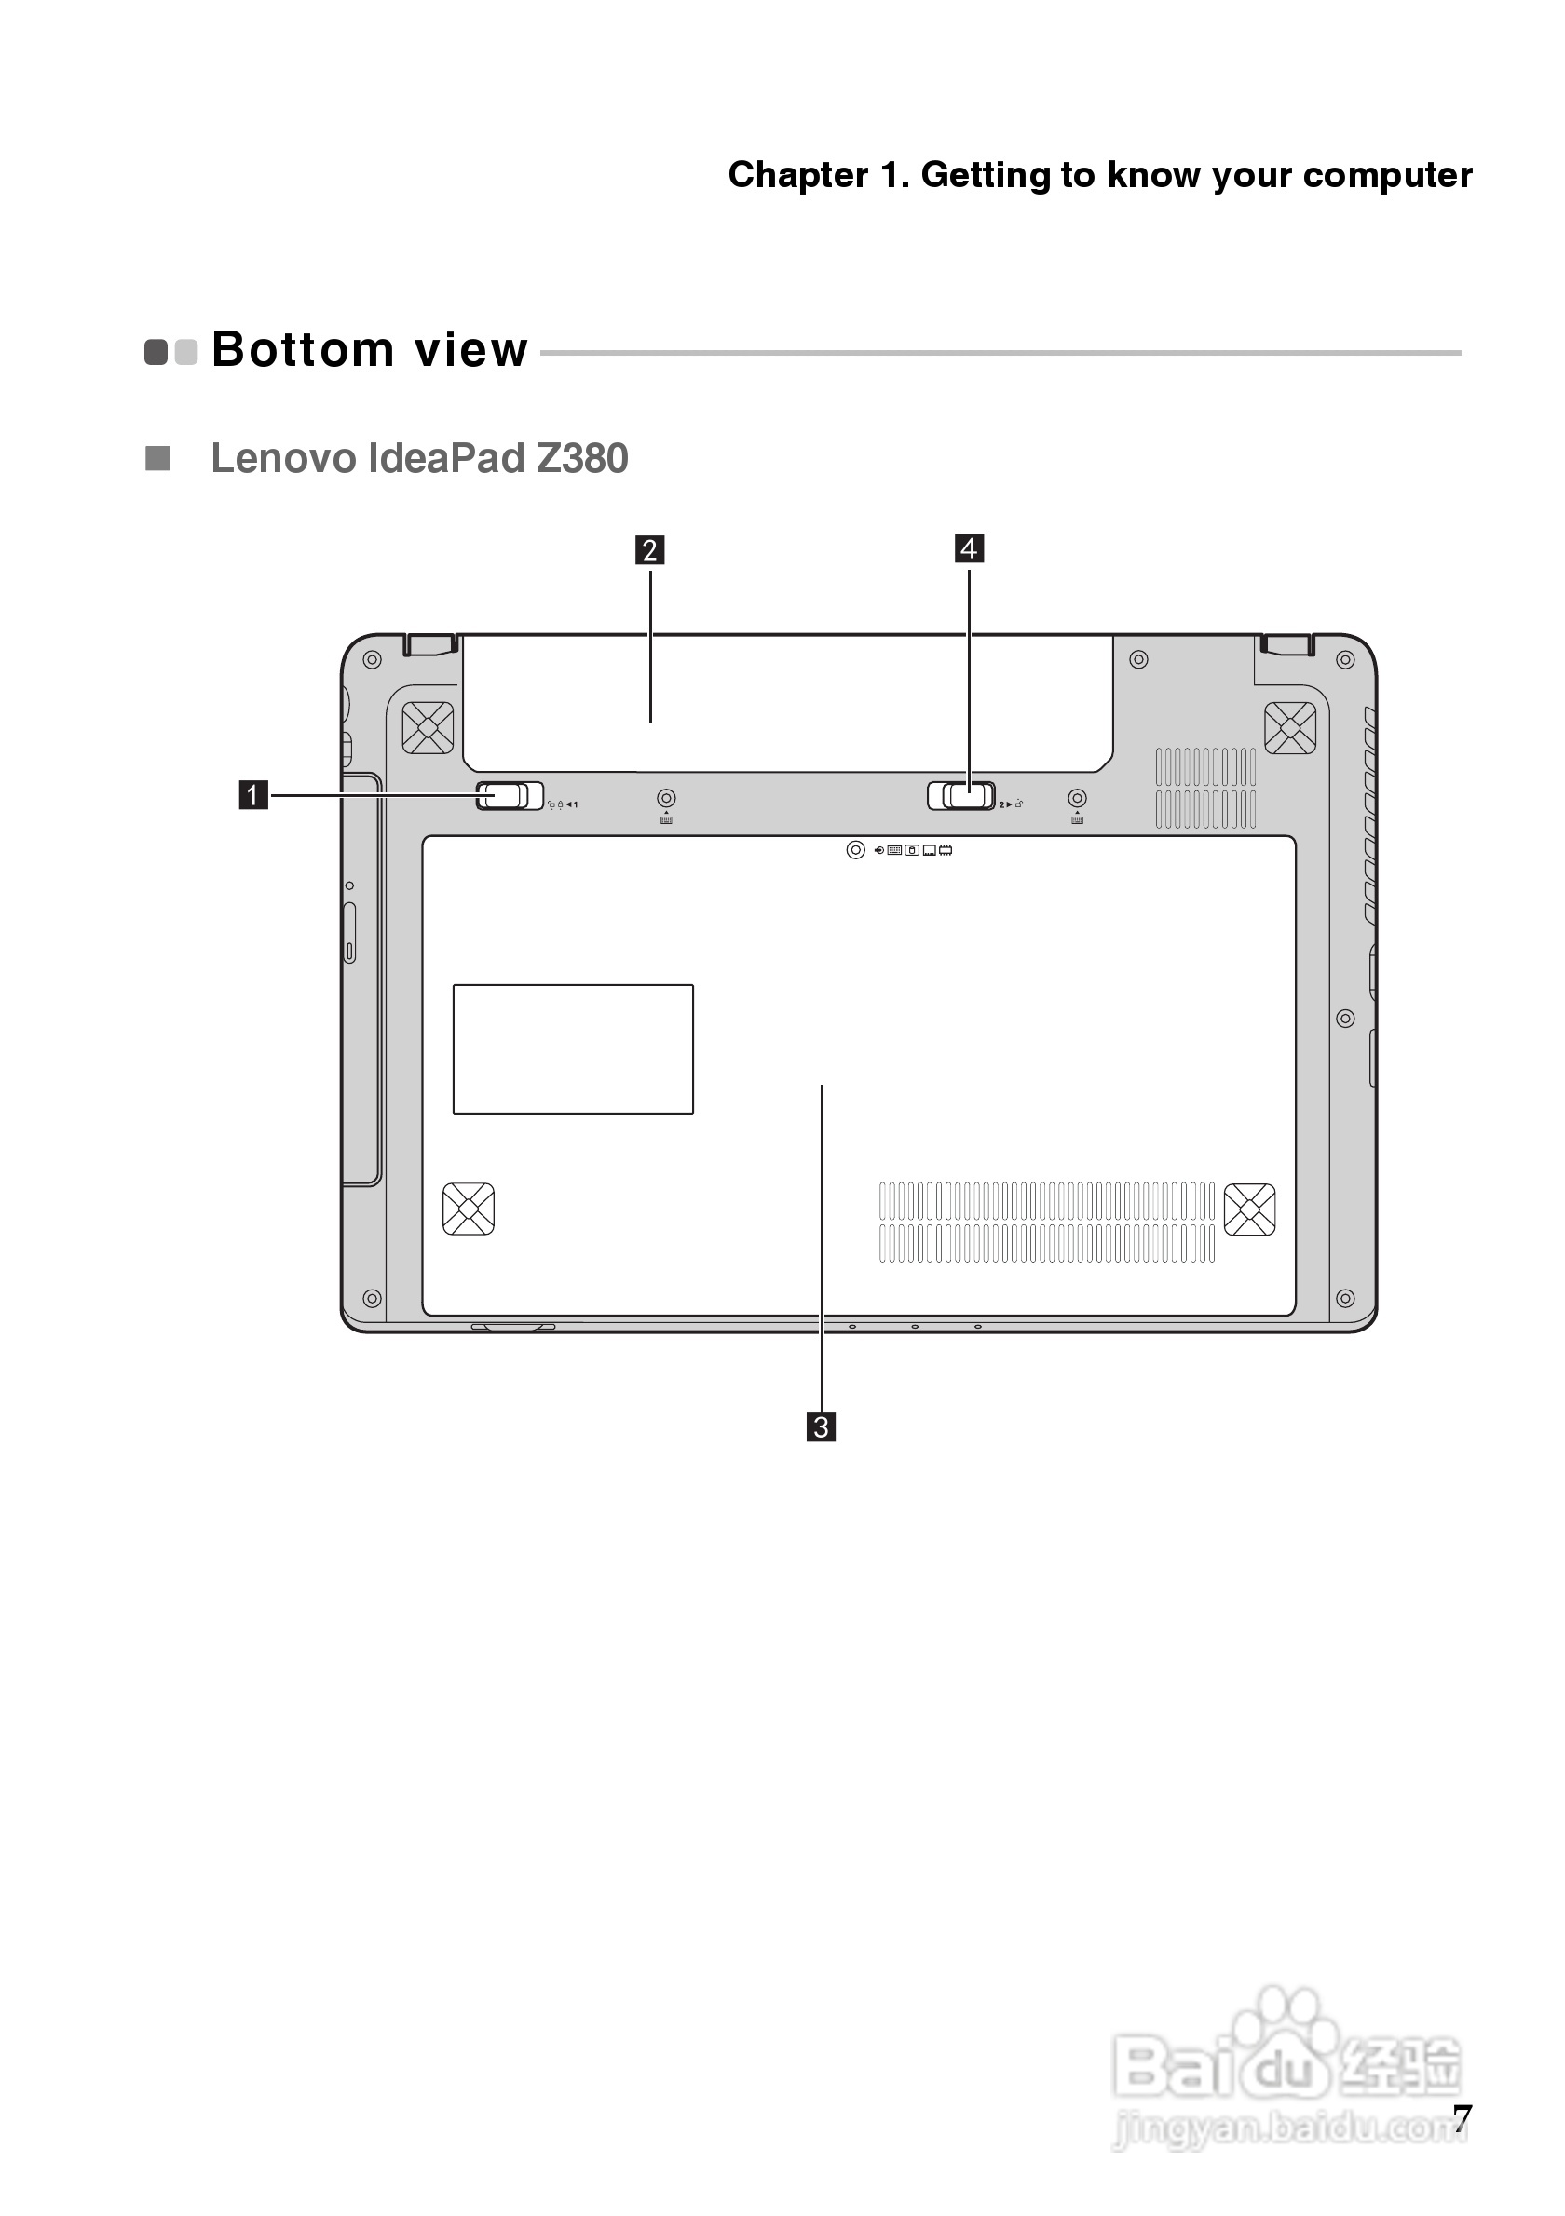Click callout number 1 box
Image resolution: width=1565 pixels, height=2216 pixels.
pos(253,795)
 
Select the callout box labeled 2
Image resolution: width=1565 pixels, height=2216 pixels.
pos(649,550)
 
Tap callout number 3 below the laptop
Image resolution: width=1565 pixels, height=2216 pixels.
pos(821,1426)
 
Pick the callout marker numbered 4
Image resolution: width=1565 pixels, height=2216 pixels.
pos(970,548)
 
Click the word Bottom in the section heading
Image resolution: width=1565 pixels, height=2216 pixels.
pos(302,349)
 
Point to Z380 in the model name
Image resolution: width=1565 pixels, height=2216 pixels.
pos(582,458)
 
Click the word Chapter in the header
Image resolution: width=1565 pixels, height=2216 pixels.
pos(797,176)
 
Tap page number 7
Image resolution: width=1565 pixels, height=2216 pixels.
pos(1463,2118)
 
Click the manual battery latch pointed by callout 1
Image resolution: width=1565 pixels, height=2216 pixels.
pos(510,796)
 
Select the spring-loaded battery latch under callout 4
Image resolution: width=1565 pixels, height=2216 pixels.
pos(961,796)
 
